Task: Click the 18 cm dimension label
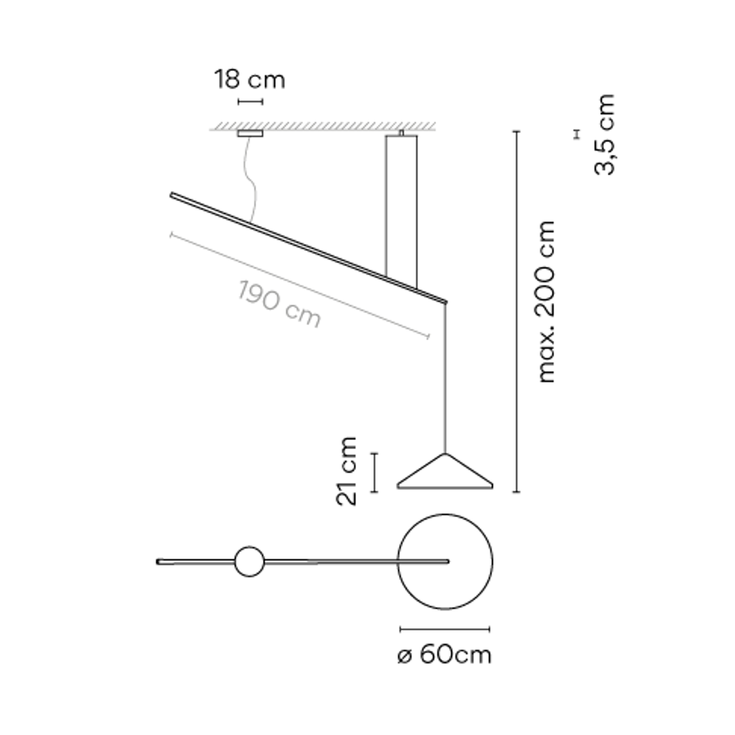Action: tap(250, 79)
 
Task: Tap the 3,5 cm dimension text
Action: tap(604, 135)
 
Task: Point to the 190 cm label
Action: tap(279, 304)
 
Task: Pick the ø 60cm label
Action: tap(445, 655)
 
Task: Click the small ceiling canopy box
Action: tap(250, 133)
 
